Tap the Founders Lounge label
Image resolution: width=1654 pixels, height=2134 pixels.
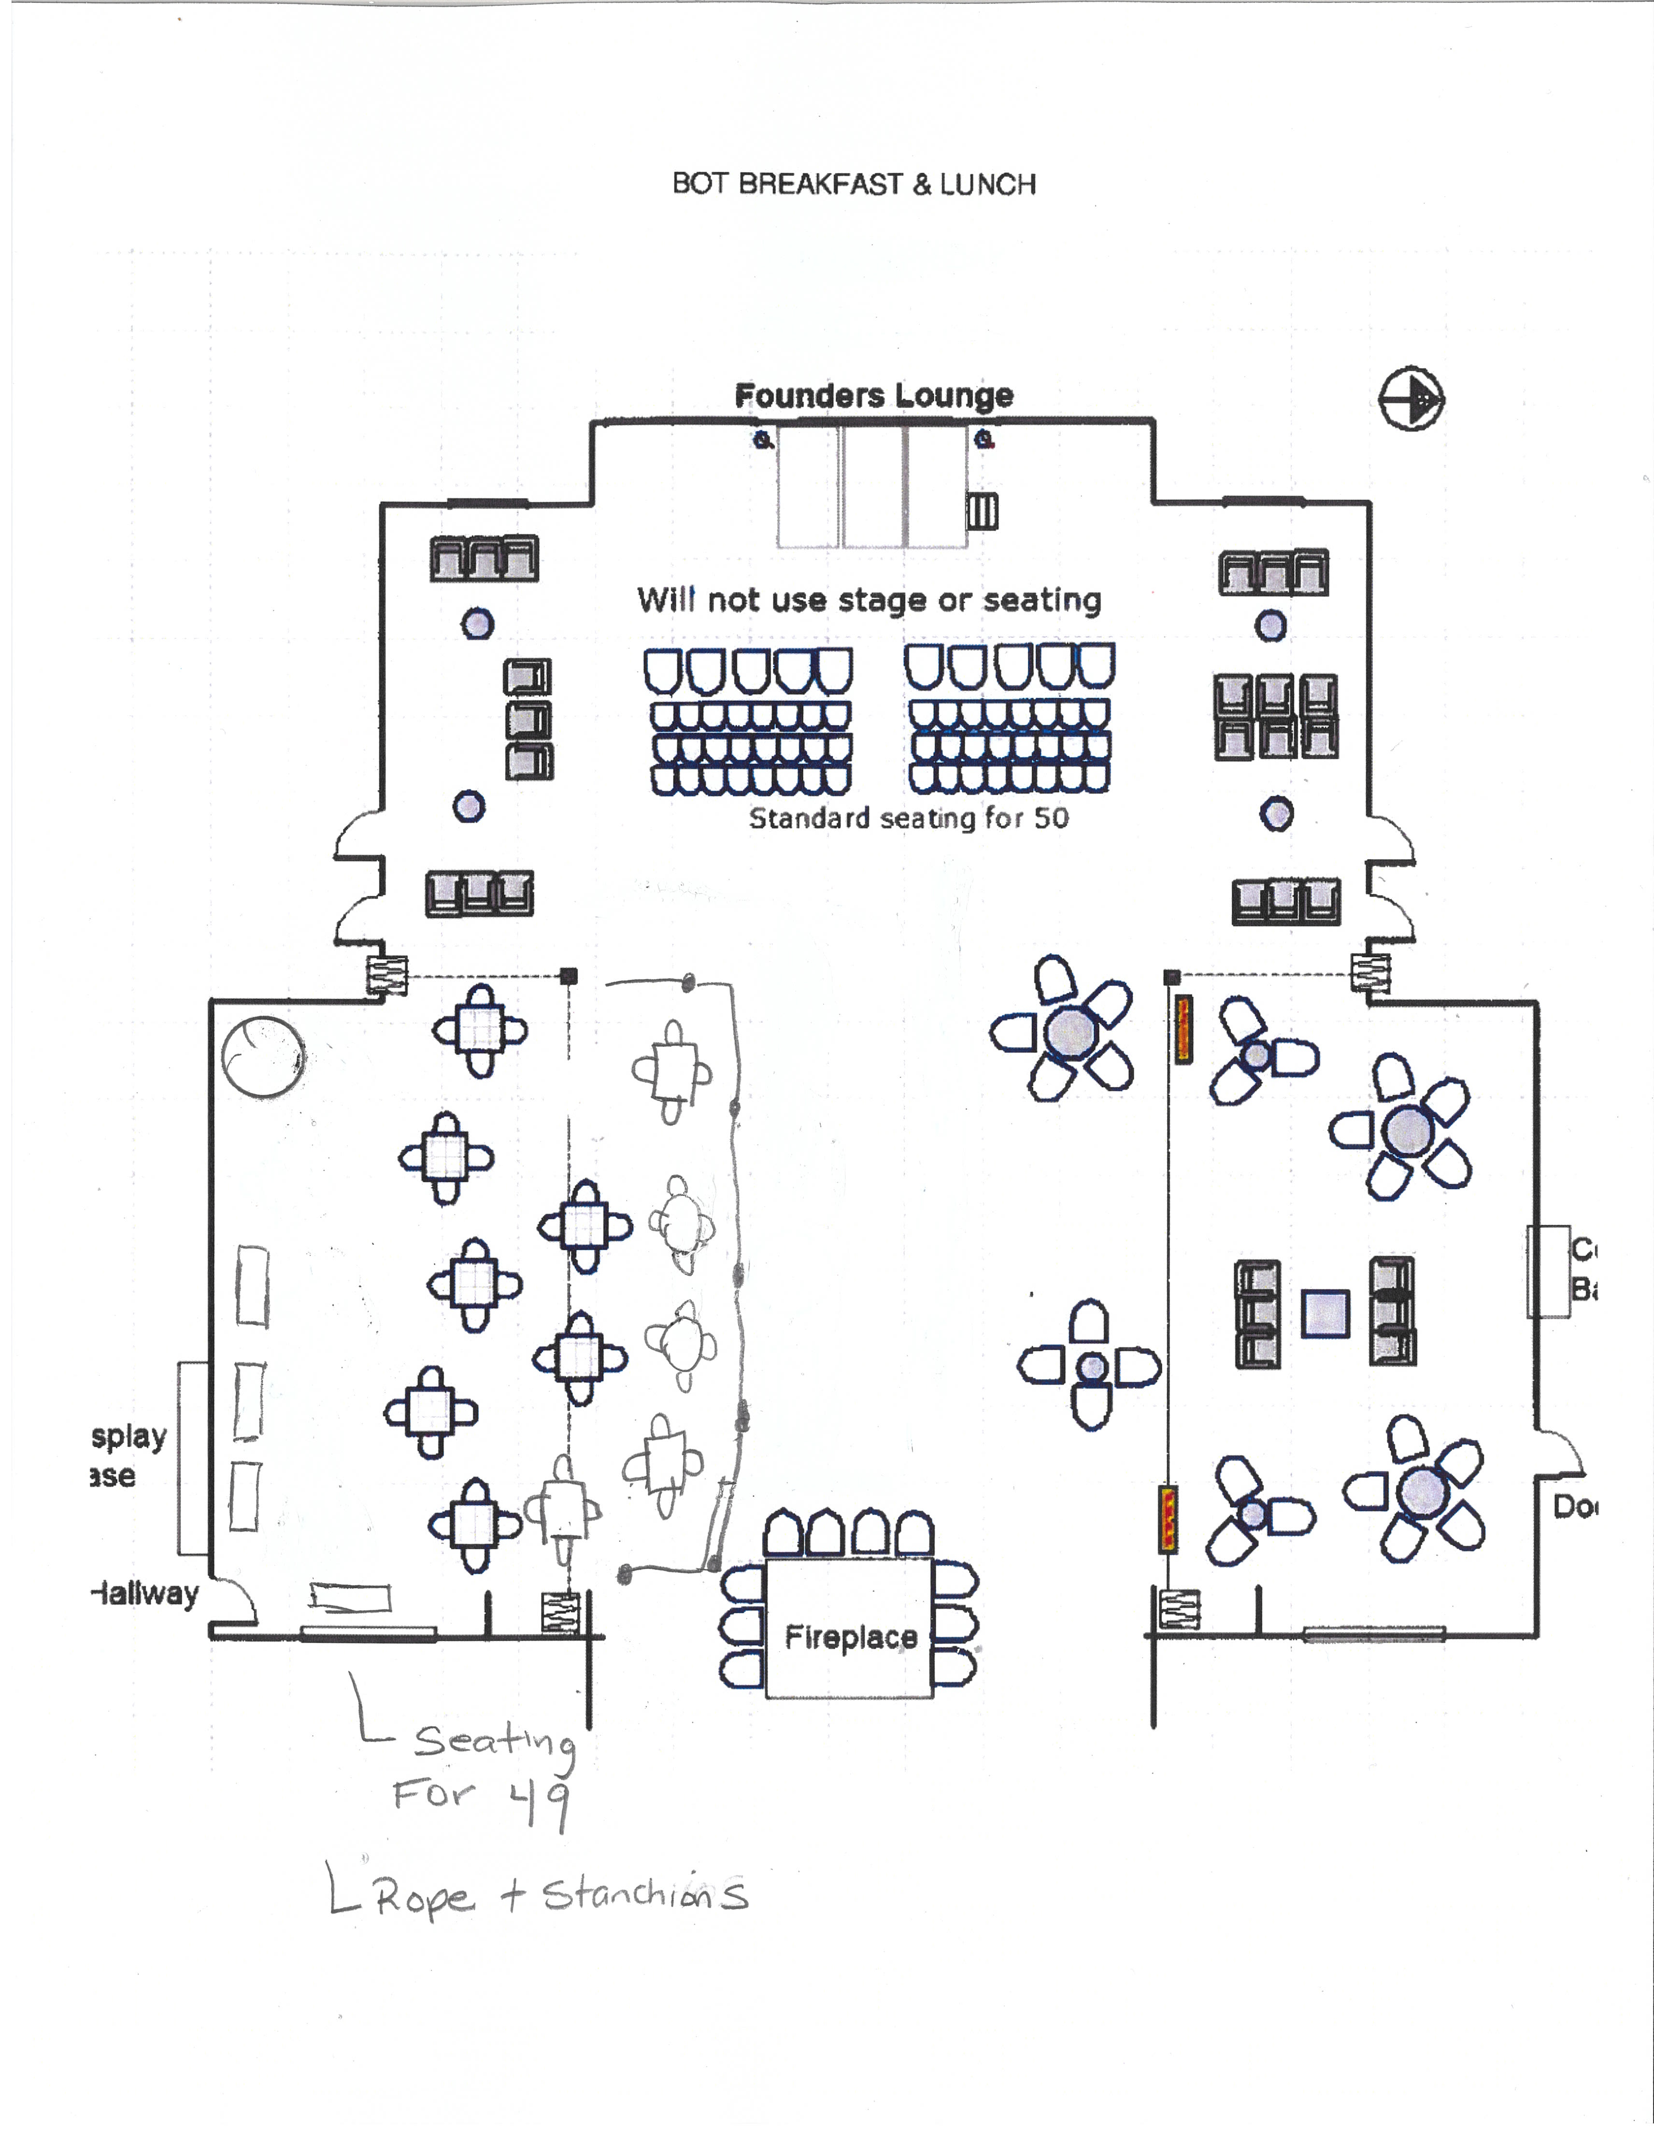tap(873, 396)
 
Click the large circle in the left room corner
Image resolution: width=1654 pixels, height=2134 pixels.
tap(262, 1057)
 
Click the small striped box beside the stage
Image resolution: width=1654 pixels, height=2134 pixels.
tap(982, 511)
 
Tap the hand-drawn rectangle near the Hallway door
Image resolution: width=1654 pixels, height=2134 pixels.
tap(350, 1597)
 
